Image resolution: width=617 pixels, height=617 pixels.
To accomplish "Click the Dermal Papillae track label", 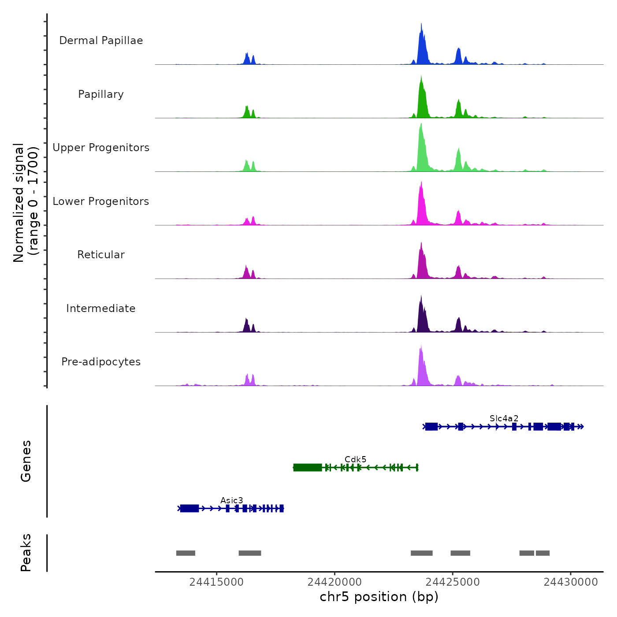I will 101,41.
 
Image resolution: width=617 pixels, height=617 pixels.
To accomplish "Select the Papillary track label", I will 101,94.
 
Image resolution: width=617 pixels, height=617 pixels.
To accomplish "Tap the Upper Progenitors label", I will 101,148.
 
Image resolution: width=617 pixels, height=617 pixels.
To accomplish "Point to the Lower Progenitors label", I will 101,201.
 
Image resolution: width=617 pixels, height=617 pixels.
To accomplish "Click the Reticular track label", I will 101,255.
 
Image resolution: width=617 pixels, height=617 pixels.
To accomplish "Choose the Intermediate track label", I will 101,308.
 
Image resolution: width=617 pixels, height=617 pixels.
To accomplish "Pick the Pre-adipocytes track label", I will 101,362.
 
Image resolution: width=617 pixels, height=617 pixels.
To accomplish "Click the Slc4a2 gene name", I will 504,418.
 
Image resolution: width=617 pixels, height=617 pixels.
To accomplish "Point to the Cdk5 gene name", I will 355,459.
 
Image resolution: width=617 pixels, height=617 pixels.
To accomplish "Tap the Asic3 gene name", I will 231,500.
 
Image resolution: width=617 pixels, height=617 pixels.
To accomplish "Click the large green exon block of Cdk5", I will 308,468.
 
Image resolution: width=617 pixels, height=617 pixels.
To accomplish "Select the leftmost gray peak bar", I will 186,553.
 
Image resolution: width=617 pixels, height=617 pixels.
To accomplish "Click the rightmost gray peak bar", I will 543,553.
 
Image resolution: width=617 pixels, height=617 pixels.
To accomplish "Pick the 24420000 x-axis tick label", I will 335,582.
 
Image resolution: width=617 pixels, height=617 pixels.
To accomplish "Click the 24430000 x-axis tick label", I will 571,582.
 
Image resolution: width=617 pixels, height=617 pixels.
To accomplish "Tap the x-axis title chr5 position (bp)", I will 379,597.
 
